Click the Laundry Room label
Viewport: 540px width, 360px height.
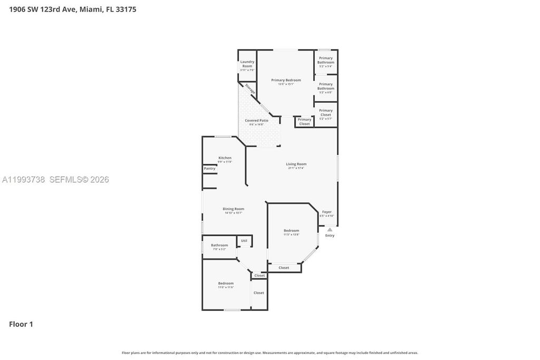point(247,64)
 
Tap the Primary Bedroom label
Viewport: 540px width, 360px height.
point(286,80)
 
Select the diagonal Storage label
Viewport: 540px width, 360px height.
point(250,89)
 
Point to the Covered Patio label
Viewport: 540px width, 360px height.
point(256,121)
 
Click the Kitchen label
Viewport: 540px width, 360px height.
point(225,158)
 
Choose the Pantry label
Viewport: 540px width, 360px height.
point(209,169)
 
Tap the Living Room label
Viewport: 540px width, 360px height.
point(296,164)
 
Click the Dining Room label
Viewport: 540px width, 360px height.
point(233,209)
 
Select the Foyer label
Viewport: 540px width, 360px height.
point(327,212)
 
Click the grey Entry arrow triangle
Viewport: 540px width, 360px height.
point(330,229)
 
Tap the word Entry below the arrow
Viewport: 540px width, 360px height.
point(330,236)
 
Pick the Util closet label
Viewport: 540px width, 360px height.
point(244,241)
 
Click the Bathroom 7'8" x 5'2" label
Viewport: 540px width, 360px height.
point(219,245)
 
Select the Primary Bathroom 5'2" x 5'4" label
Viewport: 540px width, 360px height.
point(326,60)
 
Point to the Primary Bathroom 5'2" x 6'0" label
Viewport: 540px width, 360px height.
point(326,86)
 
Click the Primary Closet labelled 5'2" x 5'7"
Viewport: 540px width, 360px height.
point(326,113)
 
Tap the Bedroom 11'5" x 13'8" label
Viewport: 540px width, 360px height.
point(291,231)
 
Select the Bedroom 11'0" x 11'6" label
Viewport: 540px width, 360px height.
point(226,284)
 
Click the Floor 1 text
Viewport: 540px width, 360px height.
point(21,324)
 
